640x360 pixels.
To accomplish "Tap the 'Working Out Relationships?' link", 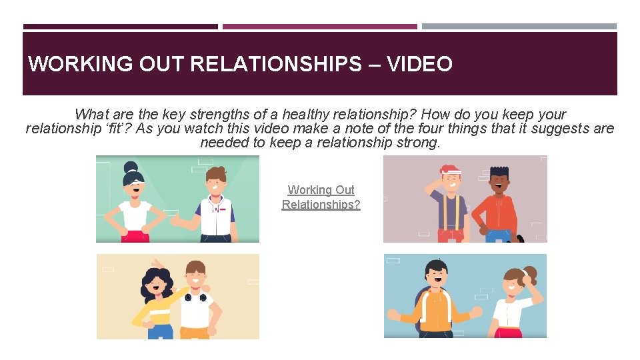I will [321, 197].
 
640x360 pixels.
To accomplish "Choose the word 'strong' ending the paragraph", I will [417, 143].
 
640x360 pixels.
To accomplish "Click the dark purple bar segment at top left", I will [120, 27].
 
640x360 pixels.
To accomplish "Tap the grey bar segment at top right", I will [519, 27].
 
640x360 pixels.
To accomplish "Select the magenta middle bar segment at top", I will [319, 27].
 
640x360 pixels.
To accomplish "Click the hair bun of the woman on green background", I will [130, 166].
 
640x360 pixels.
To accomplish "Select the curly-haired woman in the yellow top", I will [157, 300].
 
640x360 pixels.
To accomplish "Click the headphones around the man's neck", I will [196, 295].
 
